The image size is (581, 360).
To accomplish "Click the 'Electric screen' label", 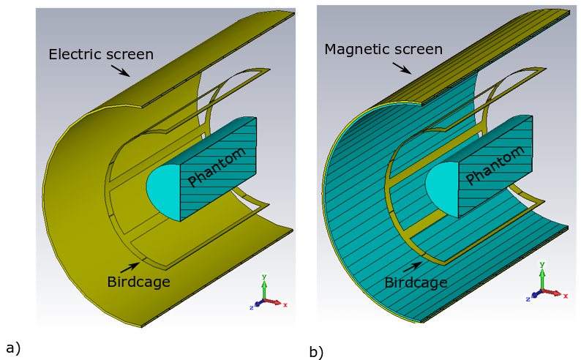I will click(101, 54).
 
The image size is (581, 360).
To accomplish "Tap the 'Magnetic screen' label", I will click(383, 50).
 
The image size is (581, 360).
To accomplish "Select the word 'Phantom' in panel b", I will click(496, 165).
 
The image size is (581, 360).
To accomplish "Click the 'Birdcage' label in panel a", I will click(138, 282).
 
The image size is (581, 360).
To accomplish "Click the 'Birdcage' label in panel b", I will click(416, 282).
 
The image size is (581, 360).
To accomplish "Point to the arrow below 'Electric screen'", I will click(121, 70).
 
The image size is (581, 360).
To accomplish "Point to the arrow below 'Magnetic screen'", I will click(402, 68).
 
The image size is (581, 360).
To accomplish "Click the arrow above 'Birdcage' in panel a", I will click(130, 267).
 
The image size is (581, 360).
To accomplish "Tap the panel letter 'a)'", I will click(12, 348).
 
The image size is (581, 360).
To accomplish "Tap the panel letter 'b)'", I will click(316, 352).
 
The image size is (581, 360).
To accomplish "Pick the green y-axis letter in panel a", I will click(265, 277).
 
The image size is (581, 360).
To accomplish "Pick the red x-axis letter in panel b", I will click(566, 295).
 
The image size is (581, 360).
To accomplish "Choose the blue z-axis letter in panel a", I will click(251, 308).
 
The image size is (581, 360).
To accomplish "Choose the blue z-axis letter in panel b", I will click(528, 299).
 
